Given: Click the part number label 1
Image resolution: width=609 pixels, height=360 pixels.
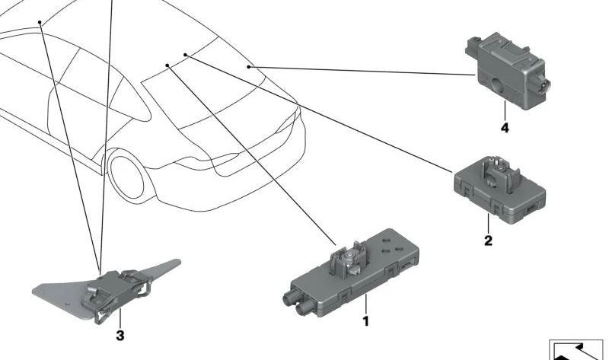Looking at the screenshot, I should tap(365, 322).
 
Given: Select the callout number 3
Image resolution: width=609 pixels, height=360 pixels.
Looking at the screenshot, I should tap(120, 335).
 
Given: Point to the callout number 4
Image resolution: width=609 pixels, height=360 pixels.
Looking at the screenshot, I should tap(504, 127).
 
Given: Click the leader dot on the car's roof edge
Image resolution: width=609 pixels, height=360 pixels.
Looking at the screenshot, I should tap(38, 23).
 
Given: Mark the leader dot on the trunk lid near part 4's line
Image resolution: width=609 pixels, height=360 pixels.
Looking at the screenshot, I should tap(249, 68).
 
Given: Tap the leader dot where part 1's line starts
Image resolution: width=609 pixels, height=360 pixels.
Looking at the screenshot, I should tap(167, 65).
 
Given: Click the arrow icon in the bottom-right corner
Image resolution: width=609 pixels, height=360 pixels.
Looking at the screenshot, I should tap(578, 349).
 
